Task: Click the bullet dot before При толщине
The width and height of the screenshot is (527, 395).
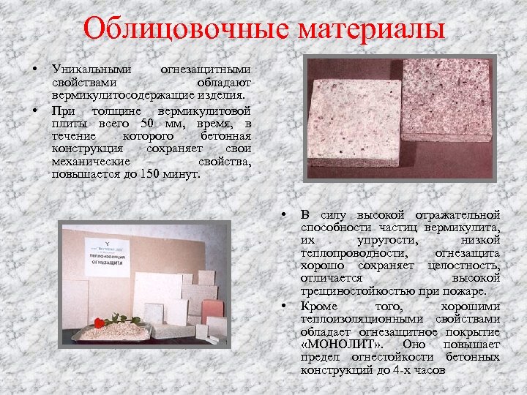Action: [34, 110]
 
